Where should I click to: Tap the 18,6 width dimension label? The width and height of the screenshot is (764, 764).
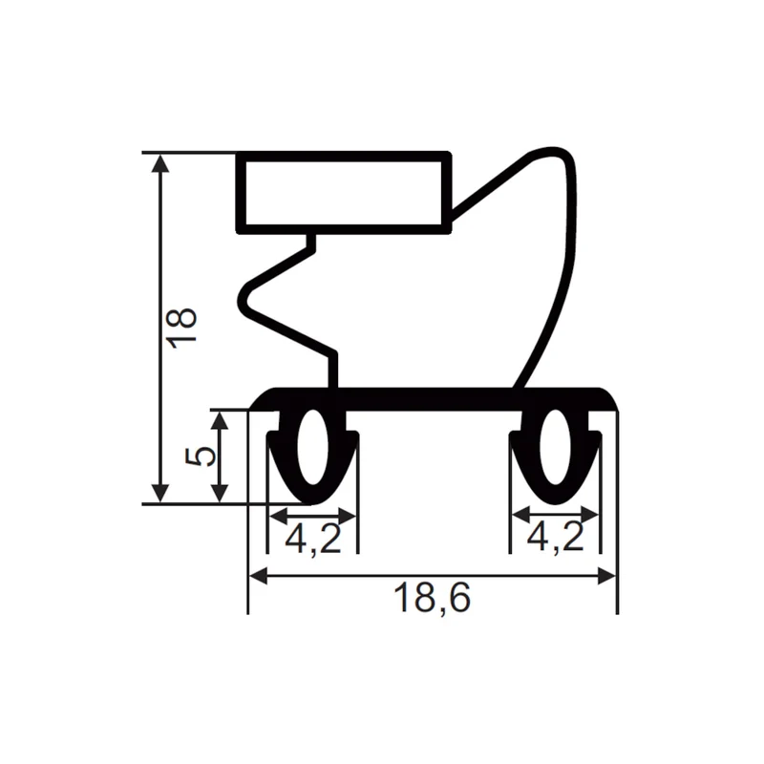[432, 599]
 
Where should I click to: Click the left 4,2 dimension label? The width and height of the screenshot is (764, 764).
[313, 539]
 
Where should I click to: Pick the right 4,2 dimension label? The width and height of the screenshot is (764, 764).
[556, 537]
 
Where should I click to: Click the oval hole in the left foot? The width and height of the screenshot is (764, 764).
[312, 447]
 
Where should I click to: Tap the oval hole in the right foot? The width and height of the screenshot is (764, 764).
[555, 447]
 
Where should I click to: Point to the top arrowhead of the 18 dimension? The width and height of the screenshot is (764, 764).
[160, 163]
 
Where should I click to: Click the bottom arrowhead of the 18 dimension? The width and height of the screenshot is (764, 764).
[160, 494]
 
